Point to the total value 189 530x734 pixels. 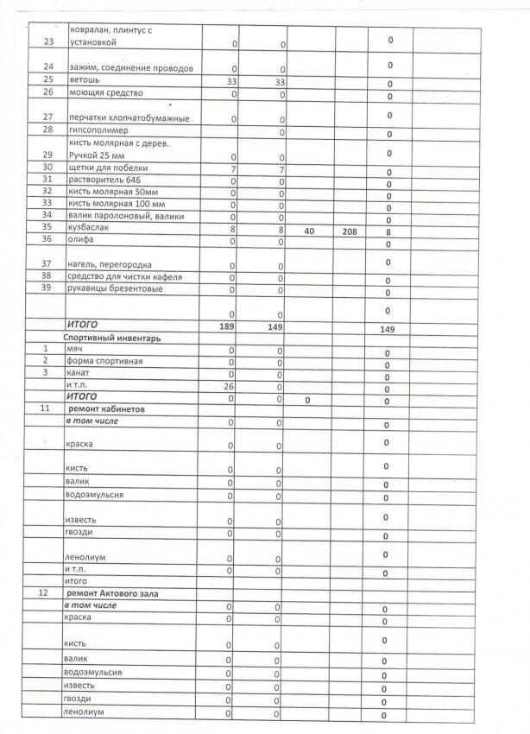[229, 326]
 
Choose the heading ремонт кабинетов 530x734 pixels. [110, 407]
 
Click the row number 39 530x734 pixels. [48, 288]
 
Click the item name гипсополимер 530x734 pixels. [97, 130]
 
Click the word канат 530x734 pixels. [76, 373]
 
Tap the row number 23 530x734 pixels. [48, 41]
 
